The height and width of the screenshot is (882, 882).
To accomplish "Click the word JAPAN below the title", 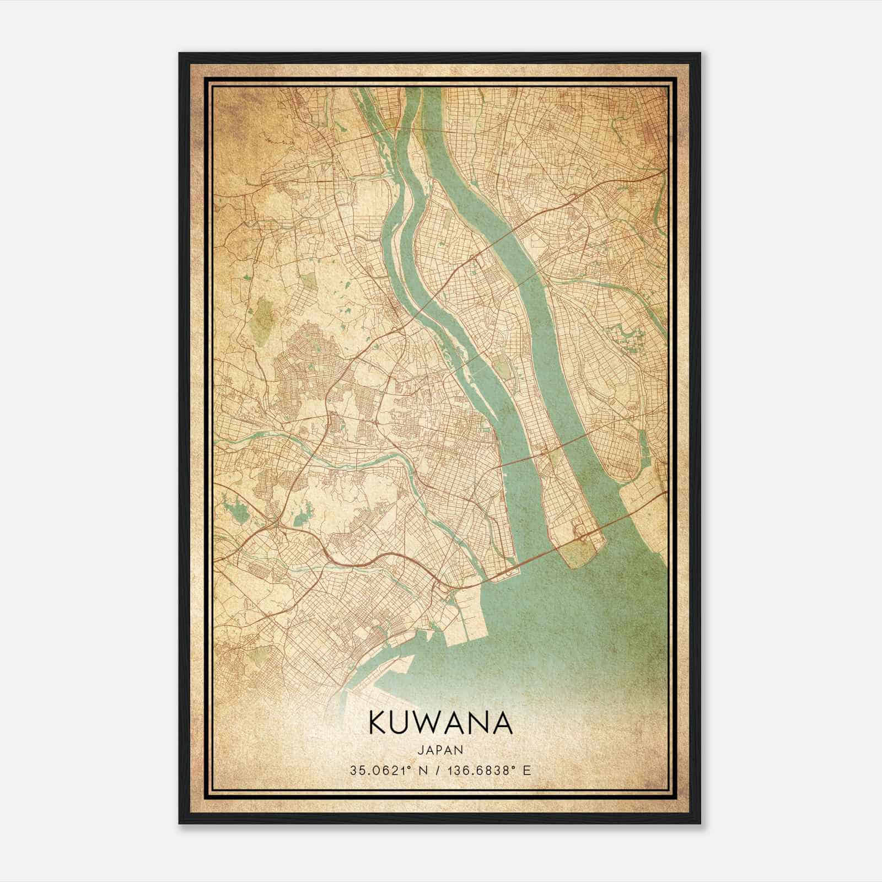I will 440,750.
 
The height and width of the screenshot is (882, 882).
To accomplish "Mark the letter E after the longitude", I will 527,771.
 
